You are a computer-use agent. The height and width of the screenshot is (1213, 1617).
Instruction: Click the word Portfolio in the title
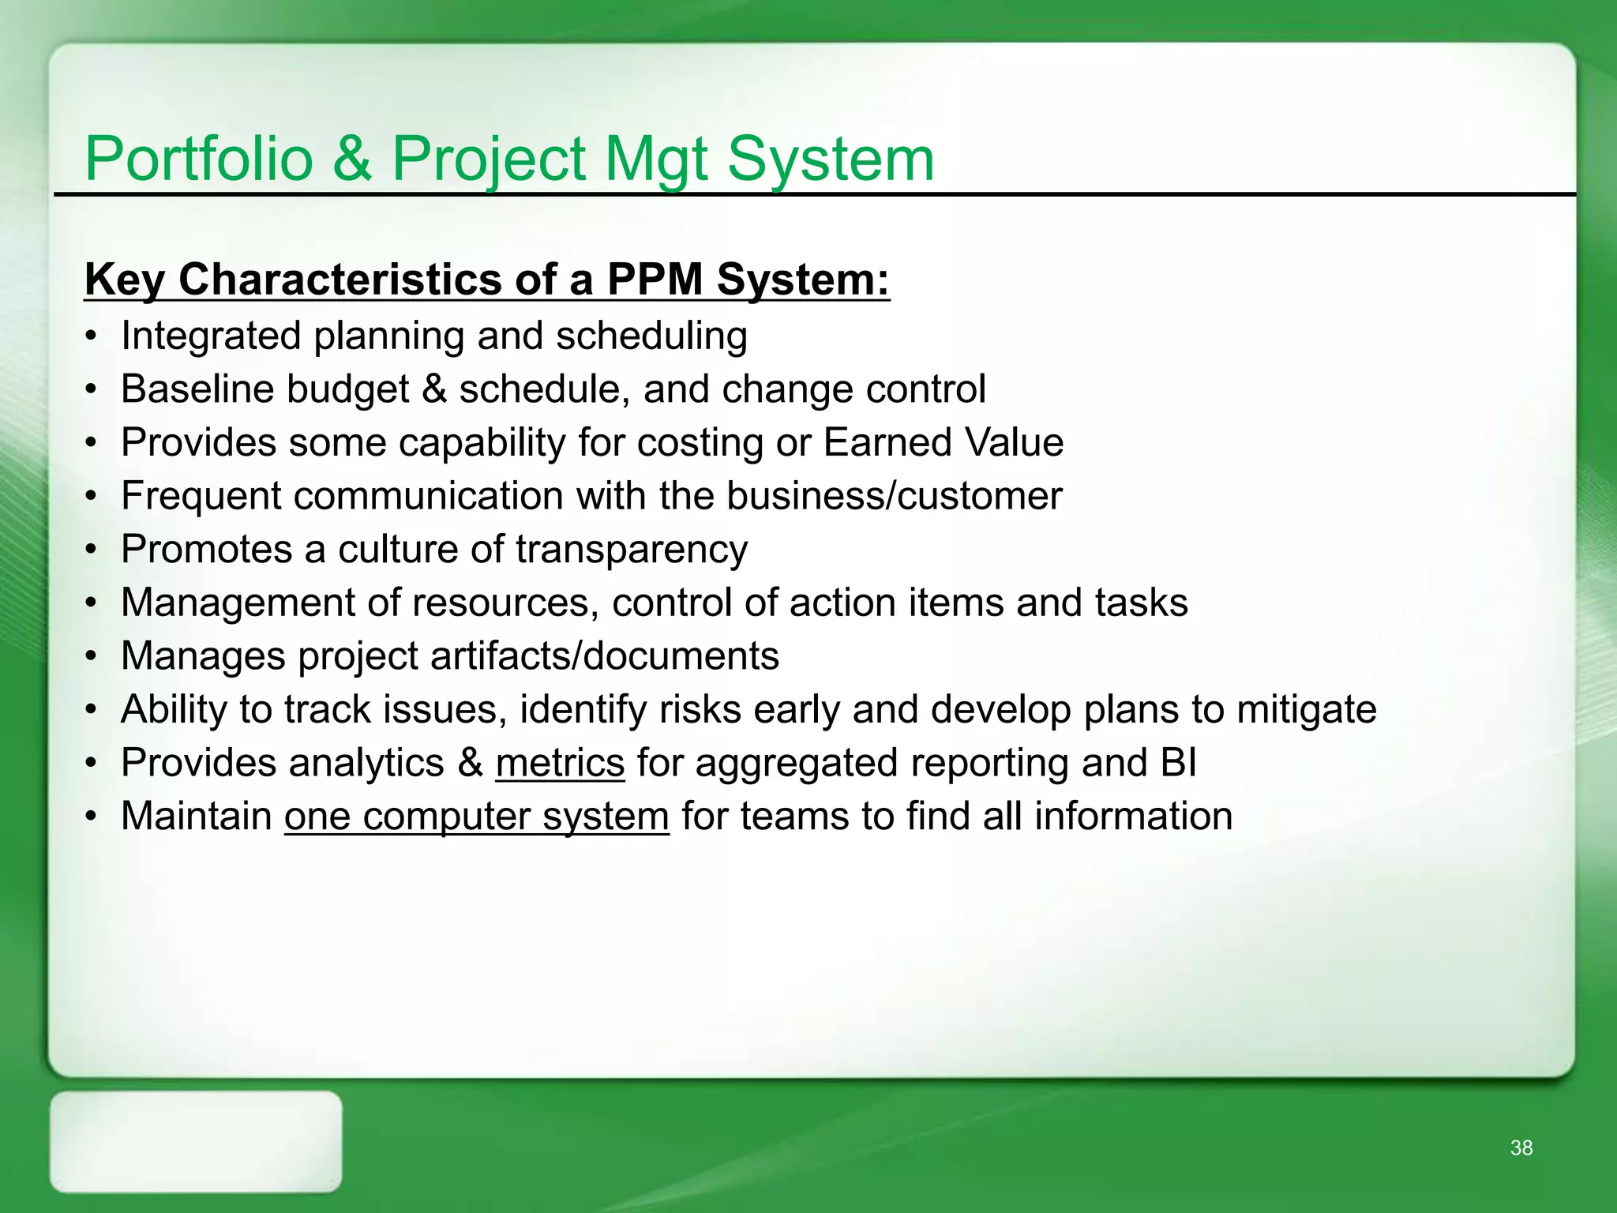click(x=199, y=160)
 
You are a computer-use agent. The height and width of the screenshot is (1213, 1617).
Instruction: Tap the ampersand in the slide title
click(x=352, y=160)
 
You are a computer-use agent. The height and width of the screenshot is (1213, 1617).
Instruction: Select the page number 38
click(x=1521, y=1148)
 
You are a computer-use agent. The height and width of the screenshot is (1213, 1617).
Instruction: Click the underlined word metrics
click(x=560, y=763)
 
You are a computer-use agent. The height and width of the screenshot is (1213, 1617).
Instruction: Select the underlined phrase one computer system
click(x=477, y=817)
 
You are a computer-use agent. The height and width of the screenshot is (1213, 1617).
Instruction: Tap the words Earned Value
click(x=944, y=442)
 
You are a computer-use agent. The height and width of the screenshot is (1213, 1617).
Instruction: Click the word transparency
click(x=632, y=550)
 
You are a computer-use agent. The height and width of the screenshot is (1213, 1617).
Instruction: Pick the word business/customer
click(x=894, y=496)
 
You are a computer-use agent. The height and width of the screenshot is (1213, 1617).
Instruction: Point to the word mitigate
click(x=1306, y=709)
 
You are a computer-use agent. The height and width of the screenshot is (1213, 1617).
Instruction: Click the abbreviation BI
click(x=1179, y=763)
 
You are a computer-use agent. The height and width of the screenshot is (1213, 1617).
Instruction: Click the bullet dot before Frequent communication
click(x=92, y=497)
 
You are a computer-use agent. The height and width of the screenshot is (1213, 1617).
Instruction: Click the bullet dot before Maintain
click(x=92, y=817)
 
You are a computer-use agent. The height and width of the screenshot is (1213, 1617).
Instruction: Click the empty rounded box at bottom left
click(x=196, y=1142)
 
